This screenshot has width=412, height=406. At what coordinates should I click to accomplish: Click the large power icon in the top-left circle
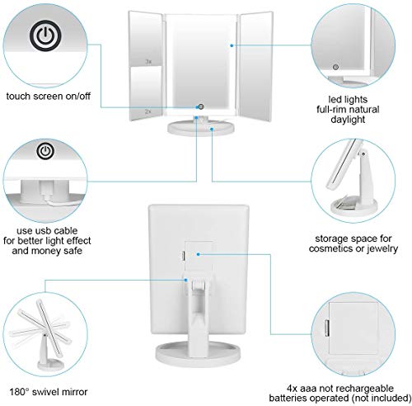[x=45, y=35]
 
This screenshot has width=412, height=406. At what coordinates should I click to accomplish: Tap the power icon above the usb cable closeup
[x=45, y=151]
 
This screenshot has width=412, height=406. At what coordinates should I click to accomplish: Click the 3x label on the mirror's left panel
[x=148, y=62]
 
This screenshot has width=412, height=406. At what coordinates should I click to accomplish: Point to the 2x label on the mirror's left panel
[x=148, y=111]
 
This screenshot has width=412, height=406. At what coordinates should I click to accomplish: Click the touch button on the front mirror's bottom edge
[x=201, y=106]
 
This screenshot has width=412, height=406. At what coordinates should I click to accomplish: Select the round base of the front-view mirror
[x=201, y=128]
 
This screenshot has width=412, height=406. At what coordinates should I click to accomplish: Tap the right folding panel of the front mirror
[x=255, y=66]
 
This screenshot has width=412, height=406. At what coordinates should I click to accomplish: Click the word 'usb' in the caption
[x=44, y=230]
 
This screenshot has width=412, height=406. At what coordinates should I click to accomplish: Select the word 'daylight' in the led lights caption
[x=348, y=120]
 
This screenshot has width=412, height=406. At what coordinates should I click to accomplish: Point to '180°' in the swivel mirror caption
[x=19, y=392]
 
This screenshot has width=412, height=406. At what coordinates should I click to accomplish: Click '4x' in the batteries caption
[x=292, y=389]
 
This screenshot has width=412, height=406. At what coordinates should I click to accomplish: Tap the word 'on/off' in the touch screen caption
[x=77, y=97]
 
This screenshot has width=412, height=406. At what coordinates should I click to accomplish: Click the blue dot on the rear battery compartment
[x=198, y=254]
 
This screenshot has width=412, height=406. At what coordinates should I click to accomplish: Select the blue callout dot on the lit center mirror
[x=232, y=45]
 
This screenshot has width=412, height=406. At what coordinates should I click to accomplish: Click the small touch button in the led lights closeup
[x=335, y=67]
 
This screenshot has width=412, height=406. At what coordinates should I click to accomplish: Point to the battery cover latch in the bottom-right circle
[x=327, y=328]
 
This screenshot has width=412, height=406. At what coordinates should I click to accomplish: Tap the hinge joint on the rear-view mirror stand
[x=199, y=285]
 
